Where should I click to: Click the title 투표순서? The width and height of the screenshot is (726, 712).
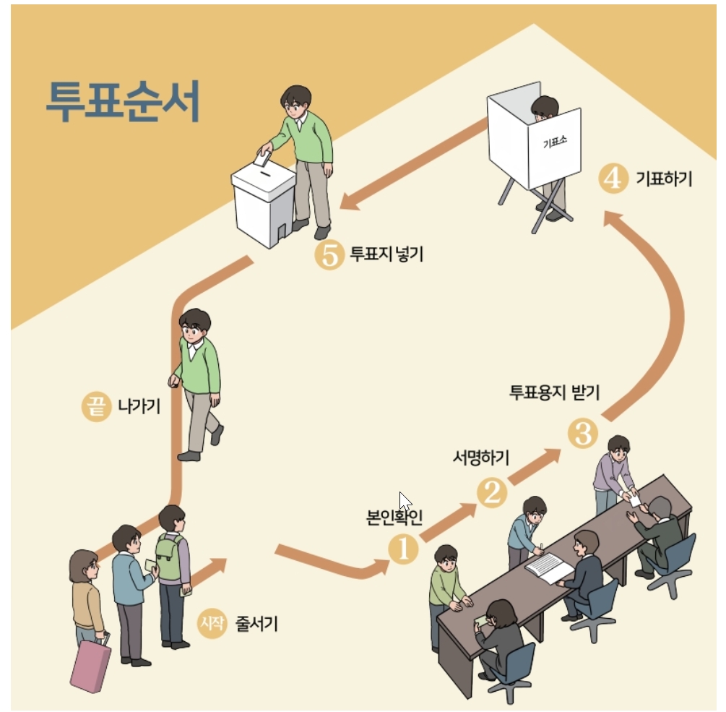[122, 102]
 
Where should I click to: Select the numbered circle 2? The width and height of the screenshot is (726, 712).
[492, 493]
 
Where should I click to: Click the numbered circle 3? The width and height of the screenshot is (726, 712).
[583, 434]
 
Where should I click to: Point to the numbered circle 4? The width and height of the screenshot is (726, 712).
[613, 178]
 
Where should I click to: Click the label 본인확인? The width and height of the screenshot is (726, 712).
[394, 518]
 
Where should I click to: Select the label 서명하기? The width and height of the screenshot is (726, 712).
[480, 458]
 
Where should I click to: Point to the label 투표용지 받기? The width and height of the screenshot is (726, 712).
[555, 393]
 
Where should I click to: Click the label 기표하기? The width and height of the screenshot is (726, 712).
[664, 178]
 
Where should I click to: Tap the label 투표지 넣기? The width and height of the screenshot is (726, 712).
[386, 254]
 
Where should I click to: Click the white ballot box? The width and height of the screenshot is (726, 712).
[262, 204]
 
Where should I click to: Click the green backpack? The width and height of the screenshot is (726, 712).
[169, 557]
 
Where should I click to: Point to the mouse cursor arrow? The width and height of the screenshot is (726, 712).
[405, 501]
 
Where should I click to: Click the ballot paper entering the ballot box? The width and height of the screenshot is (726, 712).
[262, 158]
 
